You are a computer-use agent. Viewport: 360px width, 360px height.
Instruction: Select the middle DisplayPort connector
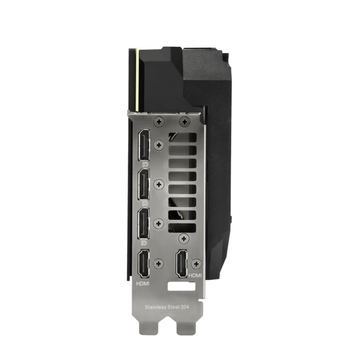pyautogui.click(x=143, y=184)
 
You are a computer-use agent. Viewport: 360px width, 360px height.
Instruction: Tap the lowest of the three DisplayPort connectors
pyautogui.click(x=143, y=224)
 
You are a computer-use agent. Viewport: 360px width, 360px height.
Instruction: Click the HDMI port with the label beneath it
pyautogui.click(x=143, y=264)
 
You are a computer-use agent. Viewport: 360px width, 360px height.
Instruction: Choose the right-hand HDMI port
pyautogui.click(x=182, y=264)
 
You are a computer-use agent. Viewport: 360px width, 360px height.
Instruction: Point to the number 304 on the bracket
pyautogui.click(x=185, y=307)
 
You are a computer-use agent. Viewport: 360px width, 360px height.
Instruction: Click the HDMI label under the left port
pyautogui.click(x=143, y=284)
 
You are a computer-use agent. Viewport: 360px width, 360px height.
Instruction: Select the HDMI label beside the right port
pyautogui.click(x=195, y=275)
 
